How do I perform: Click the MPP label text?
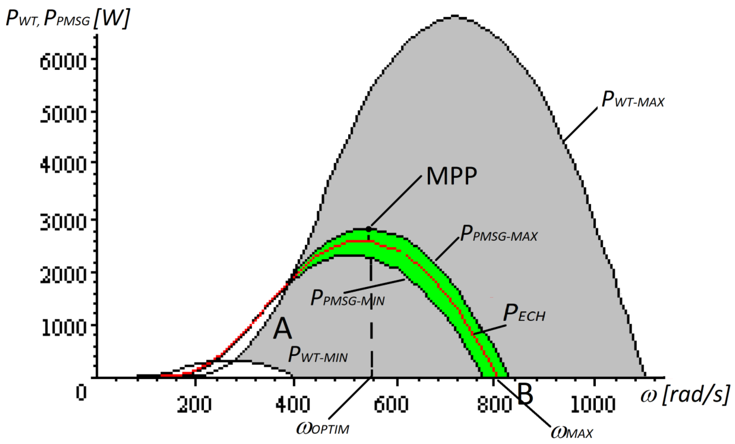[x=451, y=176]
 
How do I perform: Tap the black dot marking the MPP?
[x=369, y=229]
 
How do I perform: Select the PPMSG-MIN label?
[x=347, y=298]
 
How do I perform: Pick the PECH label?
[x=524, y=314]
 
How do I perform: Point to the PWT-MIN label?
[x=318, y=355]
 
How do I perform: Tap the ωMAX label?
[x=571, y=432]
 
